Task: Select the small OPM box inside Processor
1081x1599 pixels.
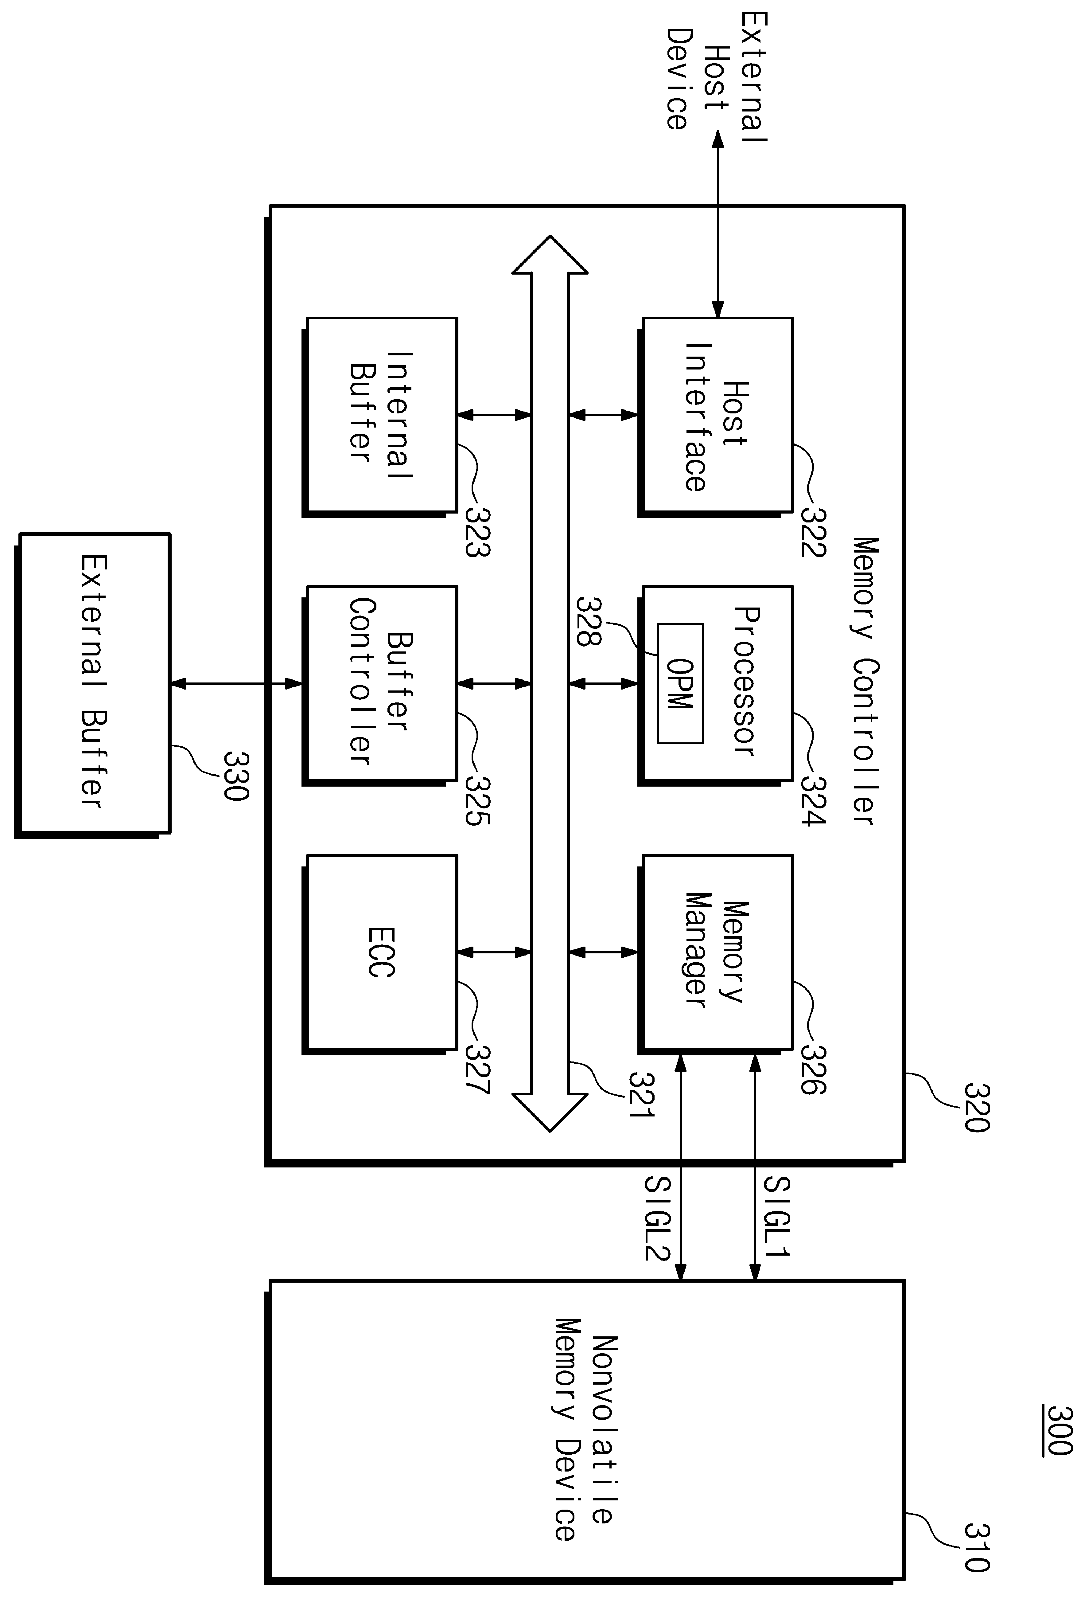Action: click(680, 683)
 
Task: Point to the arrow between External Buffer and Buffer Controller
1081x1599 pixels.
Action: click(236, 684)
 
